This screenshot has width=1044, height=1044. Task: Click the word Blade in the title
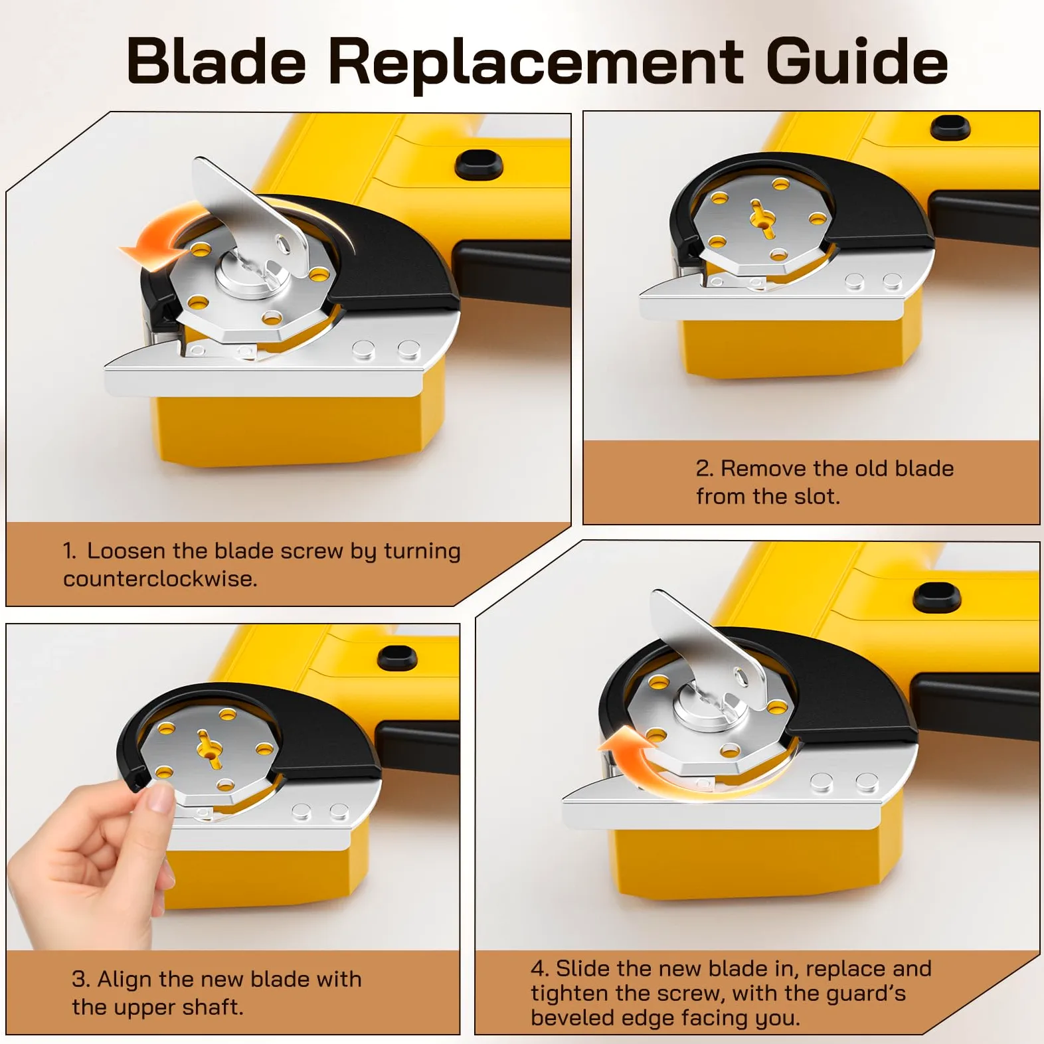[x=217, y=60]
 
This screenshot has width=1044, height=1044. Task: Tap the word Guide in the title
[x=857, y=60]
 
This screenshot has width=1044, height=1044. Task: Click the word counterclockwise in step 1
[x=159, y=578]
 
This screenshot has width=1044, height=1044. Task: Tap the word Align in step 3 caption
[x=125, y=980]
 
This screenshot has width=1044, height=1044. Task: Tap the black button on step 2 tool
[x=950, y=127]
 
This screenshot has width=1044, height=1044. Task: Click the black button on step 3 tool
[x=397, y=657]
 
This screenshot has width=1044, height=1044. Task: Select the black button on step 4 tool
[x=937, y=597]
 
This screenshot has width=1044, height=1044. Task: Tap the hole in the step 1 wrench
[x=283, y=245]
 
